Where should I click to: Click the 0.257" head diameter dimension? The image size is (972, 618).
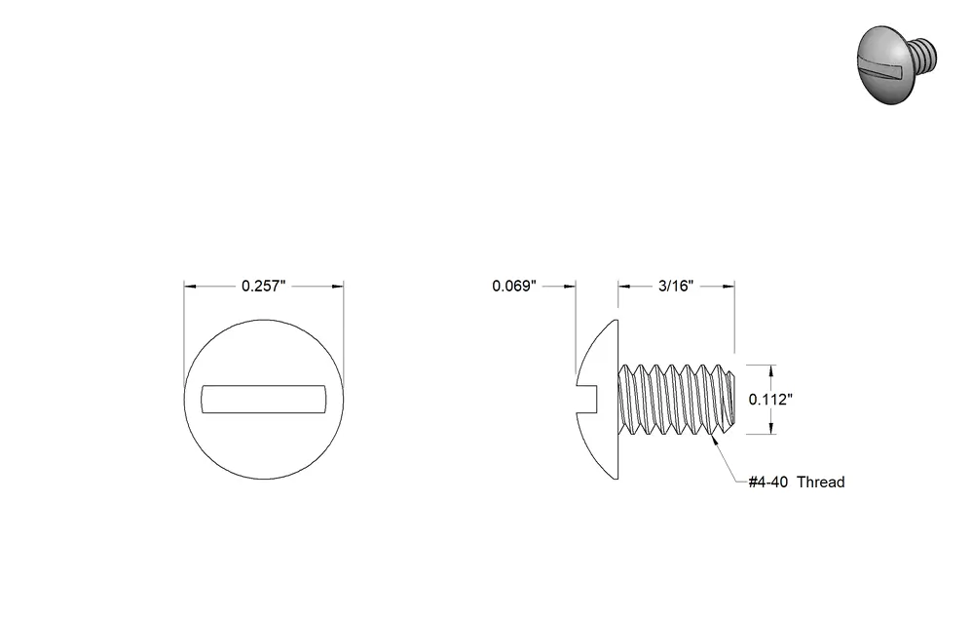pos(264,286)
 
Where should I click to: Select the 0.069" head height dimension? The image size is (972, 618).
pos(514,286)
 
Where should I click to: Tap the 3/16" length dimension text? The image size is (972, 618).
pos(676,286)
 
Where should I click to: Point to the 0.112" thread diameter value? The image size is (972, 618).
pos(770,400)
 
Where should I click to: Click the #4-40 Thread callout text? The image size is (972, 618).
pos(797,483)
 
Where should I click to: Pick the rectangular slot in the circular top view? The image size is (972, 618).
pos(264,399)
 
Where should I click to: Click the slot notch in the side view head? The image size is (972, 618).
pos(587,399)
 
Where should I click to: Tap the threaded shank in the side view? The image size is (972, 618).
pos(677,399)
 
